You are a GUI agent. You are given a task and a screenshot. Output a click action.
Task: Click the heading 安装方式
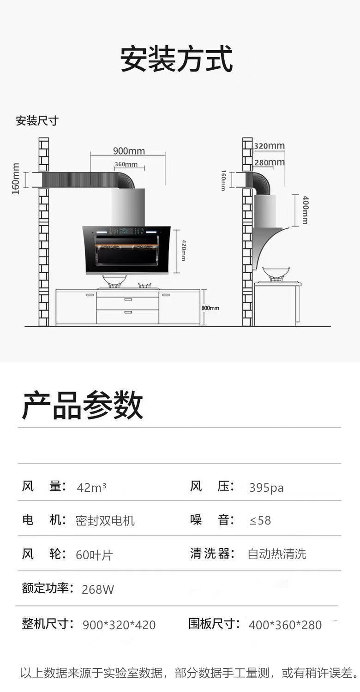click(x=176, y=59)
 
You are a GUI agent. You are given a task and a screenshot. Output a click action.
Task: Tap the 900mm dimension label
click(x=129, y=151)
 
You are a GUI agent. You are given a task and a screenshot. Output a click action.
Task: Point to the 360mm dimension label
click(x=126, y=164)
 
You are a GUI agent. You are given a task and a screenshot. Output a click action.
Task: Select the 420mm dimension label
click(x=183, y=250)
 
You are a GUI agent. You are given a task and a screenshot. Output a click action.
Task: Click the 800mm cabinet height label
click(x=210, y=308)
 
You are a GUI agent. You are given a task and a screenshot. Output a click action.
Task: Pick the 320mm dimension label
click(x=269, y=145)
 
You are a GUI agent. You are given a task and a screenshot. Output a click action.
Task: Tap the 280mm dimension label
click(x=270, y=162)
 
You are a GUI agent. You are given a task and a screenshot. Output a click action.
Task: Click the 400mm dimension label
click(x=305, y=210)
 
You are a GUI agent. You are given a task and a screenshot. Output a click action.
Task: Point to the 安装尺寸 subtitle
click(x=37, y=120)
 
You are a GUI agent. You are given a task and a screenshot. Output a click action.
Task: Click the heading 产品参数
click(x=83, y=406)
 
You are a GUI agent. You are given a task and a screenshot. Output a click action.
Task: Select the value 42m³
click(x=91, y=487)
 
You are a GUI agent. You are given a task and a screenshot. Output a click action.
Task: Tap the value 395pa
click(x=266, y=488)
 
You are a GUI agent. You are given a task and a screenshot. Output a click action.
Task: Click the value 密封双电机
click(x=105, y=520)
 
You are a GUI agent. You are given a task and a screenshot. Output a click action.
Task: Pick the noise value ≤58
click(x=260, y=520)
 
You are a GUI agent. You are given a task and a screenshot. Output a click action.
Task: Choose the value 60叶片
click(x=94, y=555)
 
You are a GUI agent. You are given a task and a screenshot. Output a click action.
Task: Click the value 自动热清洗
click(x=277, y=554)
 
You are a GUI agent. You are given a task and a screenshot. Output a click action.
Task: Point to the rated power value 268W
click(x=98, y=590)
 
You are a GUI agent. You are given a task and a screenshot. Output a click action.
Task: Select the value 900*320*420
click(x=119, y=625)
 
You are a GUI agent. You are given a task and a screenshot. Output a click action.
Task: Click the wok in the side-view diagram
click(x=276, y=274)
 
